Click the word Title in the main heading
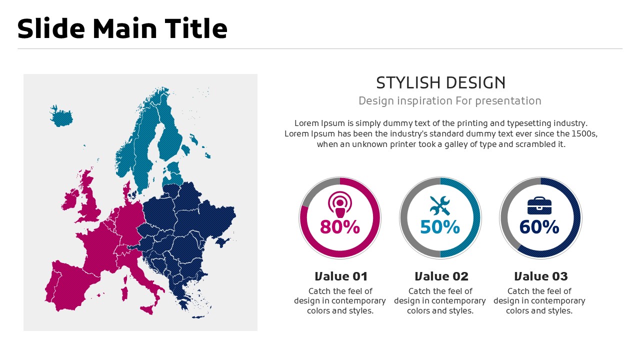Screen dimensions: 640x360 click(x=196, y=28)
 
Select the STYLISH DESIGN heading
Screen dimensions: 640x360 click(x=441, y=83)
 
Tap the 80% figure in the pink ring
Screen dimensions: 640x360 click(x=340, y=227)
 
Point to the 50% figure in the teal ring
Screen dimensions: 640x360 click(x=440, y=227)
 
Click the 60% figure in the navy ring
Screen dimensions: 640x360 click(x=539, y=227)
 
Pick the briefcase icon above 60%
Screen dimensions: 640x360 click(x=539, y=205)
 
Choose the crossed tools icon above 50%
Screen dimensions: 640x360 click(x=440, y=205)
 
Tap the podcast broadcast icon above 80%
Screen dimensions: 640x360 click(x=339, y=204)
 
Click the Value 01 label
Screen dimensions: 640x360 click(x=341, y=276)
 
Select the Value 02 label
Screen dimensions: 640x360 click(x=441, y=276)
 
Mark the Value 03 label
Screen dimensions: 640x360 click(x=541, y=276)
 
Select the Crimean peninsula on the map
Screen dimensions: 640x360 click(x=223, y=242)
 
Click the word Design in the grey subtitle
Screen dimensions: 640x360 click(x=377, y=101)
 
